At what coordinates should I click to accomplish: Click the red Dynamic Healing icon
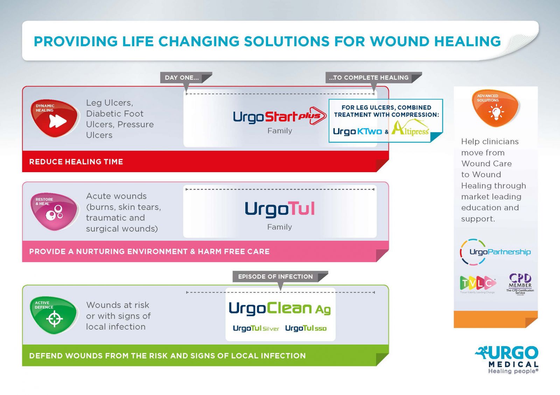click(x=54, y=118)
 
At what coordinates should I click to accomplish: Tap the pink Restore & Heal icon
click(x=54, y=211)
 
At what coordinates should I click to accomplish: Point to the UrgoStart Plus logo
click(x=279, y=117)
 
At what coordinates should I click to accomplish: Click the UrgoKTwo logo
click(x=357, y=132)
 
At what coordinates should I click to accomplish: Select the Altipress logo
click(x=411, y=128)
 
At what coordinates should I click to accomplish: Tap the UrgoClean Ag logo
click(x=279, y=308)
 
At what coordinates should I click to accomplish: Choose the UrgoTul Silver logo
click(x=256, y=329)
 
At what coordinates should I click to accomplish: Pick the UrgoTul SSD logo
click(x=306, y=329)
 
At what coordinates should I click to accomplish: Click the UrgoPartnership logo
click(x=495, y=252)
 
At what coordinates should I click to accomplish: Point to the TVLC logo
click(x=477, y=283)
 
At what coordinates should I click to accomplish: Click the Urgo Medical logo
click(x=508, y=359)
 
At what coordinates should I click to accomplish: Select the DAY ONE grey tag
click(x=182, y=78)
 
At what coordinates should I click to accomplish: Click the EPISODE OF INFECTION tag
click(x=275, y=277)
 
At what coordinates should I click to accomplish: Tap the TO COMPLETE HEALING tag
click(x=369, y=78)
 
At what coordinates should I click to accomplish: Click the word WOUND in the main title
click(x=399, y=41)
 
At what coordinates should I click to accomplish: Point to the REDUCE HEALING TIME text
click(x=76, y=162)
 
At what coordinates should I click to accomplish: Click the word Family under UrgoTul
click(x=279, y=227)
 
